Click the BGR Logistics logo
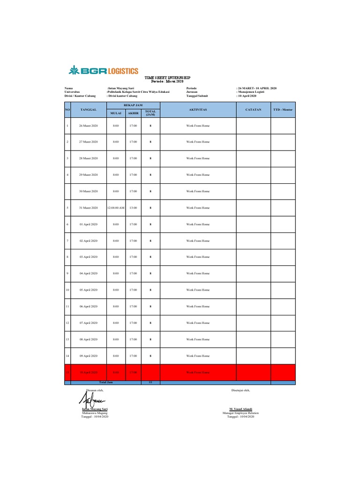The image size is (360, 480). [104, 71]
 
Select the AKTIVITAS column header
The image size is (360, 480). [197, 109]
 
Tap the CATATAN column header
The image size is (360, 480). [253, 109]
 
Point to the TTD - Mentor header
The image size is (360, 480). [283, 109]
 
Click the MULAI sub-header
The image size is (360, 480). [115, 113]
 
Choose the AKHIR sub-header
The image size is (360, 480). [133, 113]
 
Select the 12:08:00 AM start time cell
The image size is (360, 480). [115, 208]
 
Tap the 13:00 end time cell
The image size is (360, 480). [133, 208]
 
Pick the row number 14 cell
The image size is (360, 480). [67, 356]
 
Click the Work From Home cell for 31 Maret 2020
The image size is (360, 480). [197, 208]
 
